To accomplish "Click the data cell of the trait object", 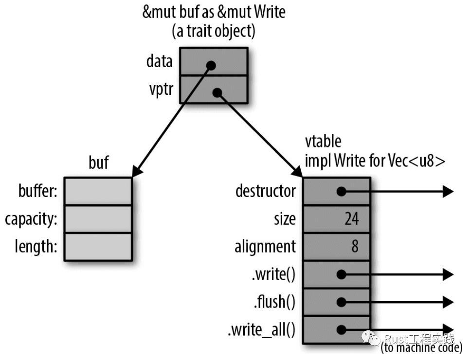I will coord(214,61).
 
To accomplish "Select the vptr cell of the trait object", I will coord(214,90).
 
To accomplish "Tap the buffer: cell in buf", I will coord(98,191).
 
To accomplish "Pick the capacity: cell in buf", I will coord(98,219).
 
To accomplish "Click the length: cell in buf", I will coord(98,247).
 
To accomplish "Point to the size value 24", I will coord(351,219).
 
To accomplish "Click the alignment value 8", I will coord(355,247).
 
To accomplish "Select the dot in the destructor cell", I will coord(341,192).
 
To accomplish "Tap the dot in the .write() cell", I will coord(341,274).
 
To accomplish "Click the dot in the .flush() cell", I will coord(341,302).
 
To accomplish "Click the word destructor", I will coord(265,191).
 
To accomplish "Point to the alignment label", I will coord(265,247).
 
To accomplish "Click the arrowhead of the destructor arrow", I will coord(448,192).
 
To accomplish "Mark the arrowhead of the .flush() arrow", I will coord(448,302).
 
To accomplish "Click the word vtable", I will coord(323,142).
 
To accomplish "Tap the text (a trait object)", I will coord(214,32).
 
